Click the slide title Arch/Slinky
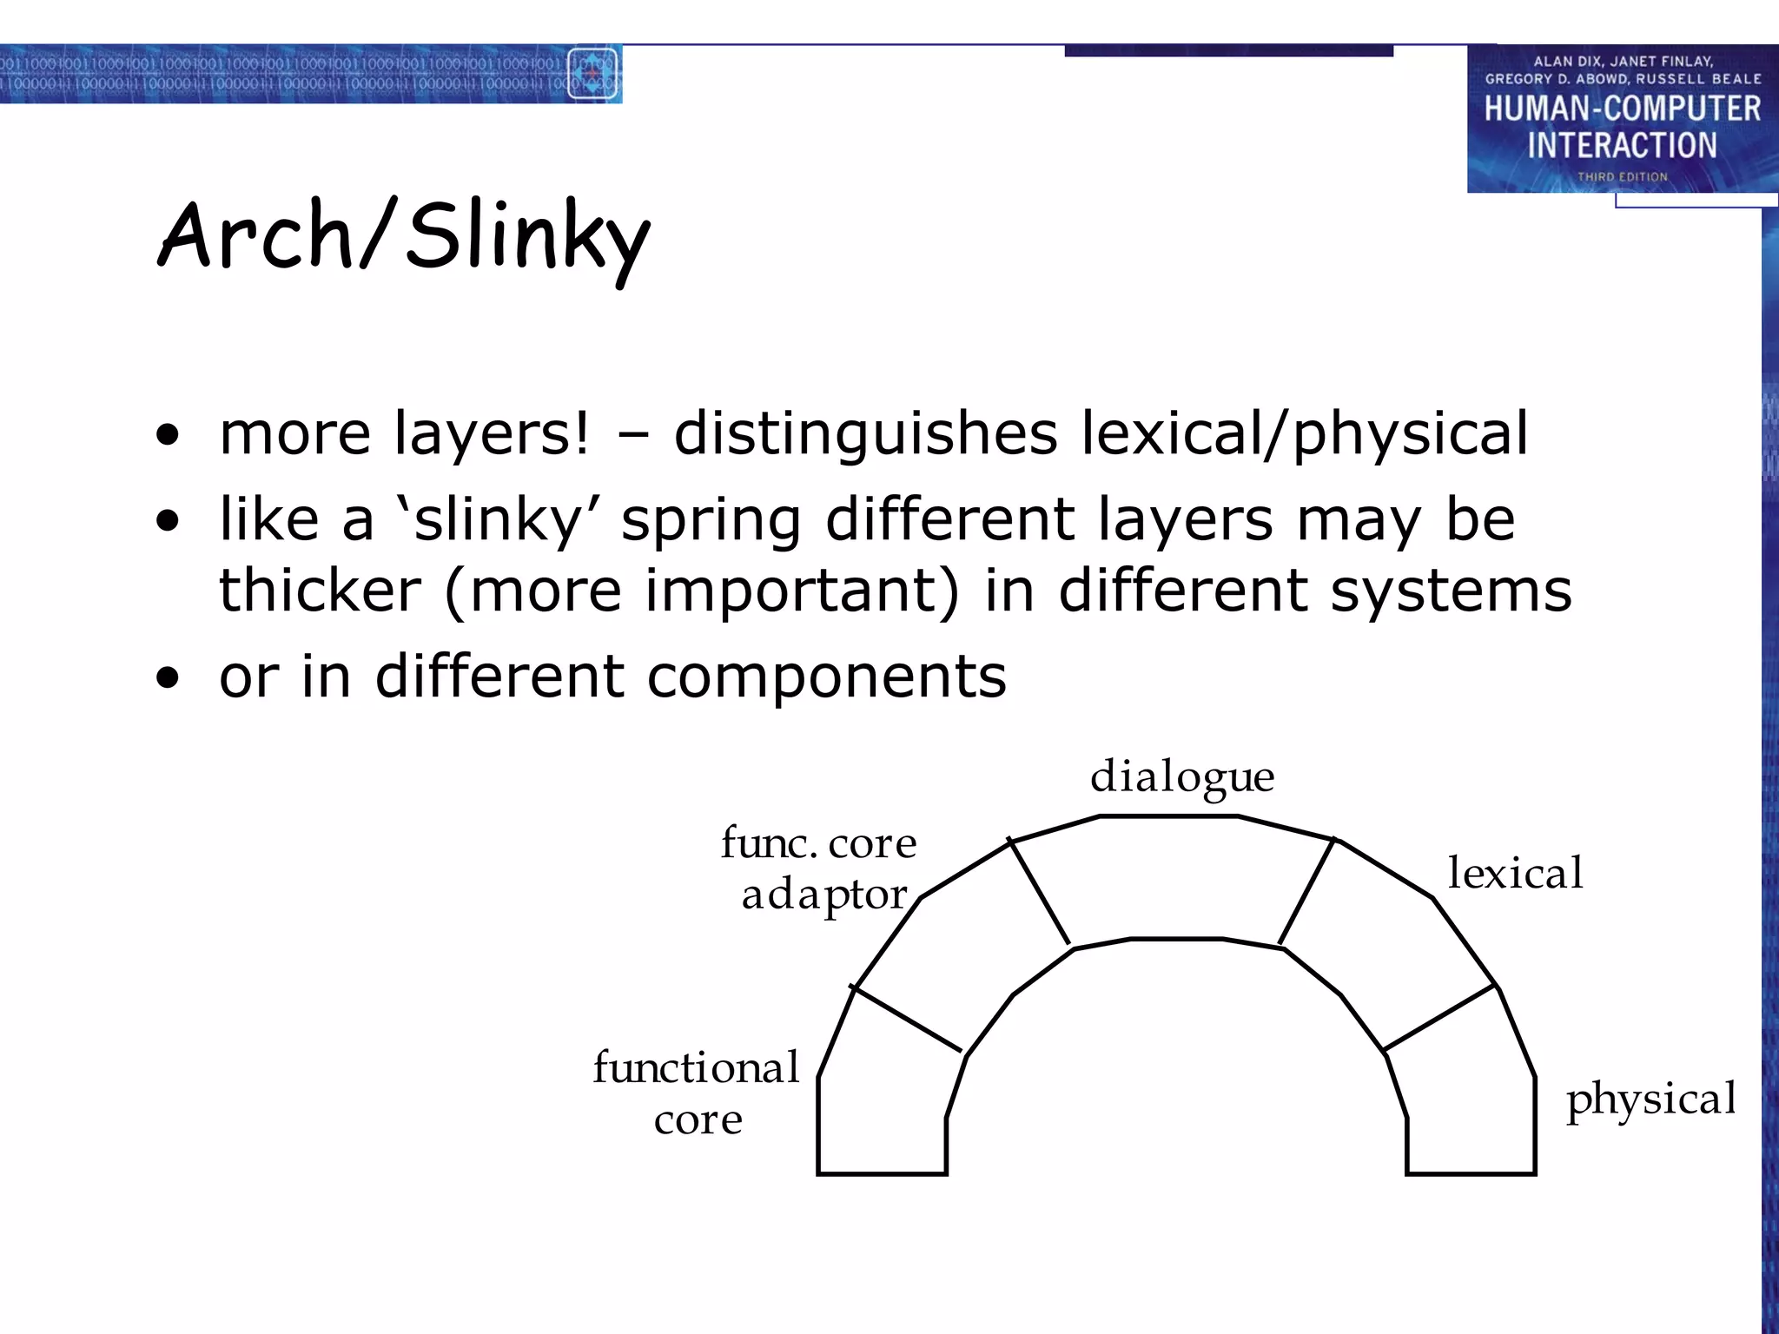point(403,236)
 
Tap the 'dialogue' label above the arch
point(1182,776)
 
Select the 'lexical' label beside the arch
point(1515,873)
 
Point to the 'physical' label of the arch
point(1650,1099)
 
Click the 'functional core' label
point(697,1093)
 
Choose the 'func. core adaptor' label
point(819,868)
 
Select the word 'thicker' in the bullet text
point(320,591)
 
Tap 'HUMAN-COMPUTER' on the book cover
point(1622,109)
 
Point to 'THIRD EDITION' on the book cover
point(1622,176)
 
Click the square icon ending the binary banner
point(593,74)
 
